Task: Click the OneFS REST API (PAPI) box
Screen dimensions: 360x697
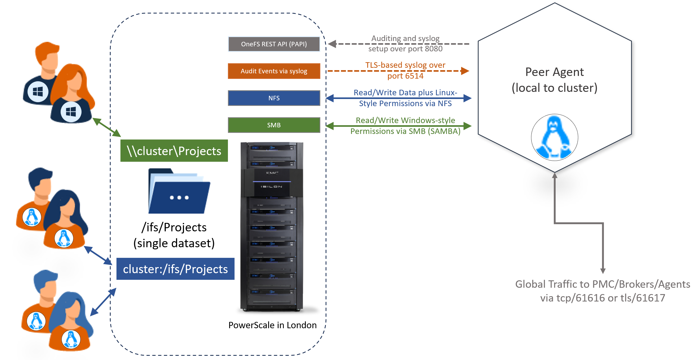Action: [x=274, y=44]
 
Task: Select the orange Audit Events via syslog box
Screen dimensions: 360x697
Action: [x=274, y=71]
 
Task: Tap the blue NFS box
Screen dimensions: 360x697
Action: [x=274, y=98]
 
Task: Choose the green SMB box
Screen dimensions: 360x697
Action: [x=274, y=125]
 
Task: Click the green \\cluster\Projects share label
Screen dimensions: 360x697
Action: [x=174, y=151]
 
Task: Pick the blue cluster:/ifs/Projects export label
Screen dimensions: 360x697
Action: [x=175, y=269]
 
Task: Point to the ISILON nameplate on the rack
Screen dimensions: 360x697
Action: [x=271, y=187]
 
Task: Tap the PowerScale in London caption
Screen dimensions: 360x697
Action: [x=272, y=325]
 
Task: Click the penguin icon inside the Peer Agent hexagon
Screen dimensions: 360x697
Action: [x=554, y=137]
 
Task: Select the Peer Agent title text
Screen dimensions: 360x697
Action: [x=554, y=72]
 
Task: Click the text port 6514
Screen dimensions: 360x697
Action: [x=405, y=76]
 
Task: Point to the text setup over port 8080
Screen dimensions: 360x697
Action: [x=405, y=49]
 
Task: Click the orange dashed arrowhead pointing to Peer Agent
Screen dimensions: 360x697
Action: [x=465, y=71]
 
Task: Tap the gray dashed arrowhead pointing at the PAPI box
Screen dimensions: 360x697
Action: [x=332, y=44]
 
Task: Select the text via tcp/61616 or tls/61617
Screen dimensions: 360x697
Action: [x=602, y=298]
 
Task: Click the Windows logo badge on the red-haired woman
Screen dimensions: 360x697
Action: [x=71, y=112]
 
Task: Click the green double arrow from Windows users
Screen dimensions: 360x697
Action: [x=107, y=127]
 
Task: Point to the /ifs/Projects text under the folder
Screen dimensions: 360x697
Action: [x=174, y=227]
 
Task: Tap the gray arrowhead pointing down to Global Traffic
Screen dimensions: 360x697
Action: [x=603, y=271]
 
